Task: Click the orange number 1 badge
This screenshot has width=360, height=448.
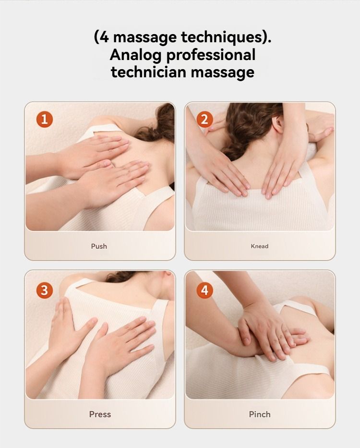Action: point(45,119)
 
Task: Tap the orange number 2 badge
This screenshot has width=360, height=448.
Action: point(204,119)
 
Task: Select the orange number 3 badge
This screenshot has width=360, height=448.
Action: point(45,291)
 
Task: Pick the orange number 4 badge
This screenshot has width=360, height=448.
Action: point(204,291)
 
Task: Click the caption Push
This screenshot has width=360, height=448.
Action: point(99,246)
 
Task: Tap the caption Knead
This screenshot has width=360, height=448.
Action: point(259,246)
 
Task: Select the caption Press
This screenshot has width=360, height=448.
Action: point(100,414)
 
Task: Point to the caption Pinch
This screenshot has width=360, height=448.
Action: point(260,414)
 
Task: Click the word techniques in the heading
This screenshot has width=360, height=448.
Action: point(222,37)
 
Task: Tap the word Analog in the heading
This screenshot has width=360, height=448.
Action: point(135,55)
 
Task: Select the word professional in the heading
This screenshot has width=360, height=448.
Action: point(211,55)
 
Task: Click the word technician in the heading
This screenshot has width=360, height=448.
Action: point(149,72)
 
